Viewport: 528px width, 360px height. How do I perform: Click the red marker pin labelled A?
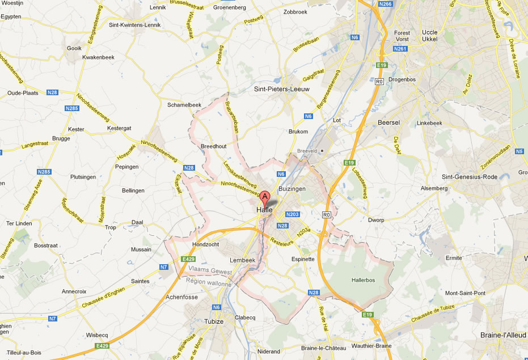pyautogui.click(x=265, y=197)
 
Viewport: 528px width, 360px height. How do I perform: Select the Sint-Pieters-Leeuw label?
pyautogui.click(x=280, y=89)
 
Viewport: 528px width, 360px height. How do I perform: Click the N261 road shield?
pyautogui.click(x=400, y=49)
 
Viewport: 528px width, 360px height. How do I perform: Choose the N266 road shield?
pyautogui.click(x=386, y=4)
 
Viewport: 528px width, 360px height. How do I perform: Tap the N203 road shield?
pyautogui.click(x=293, y=214)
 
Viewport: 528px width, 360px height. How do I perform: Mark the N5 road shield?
pyautogui.click(x=519, y=151)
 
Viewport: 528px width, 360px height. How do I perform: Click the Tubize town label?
pyautogui.click(x=213, y=321)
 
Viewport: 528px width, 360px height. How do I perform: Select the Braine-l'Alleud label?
pyautogui.click(x=503, y=334)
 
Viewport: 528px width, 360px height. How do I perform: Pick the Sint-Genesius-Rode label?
pyautogui.click(x=470, y=177)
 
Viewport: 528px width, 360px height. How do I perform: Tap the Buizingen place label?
pyautogui.click(x=292, y=188)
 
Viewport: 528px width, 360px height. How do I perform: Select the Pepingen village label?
pyautogui.click(x=126, y=167)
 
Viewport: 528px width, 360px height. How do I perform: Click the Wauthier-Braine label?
pyautogui.click(x=371, y=346)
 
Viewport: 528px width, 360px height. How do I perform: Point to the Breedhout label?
pyautogui.click(x=214, y=146)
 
